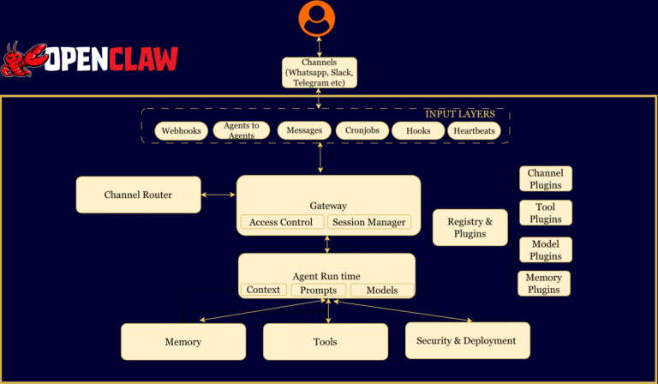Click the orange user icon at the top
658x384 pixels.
(x=318, y=18)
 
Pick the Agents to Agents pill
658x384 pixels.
(x=240, y=131)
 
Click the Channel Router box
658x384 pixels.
(x=138, y=195)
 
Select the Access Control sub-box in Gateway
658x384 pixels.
(x=281, y=222)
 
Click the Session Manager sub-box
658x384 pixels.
(x=368, y=222)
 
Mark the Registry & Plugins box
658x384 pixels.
(x=470, y=227)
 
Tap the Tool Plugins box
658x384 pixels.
(x=545, y=213)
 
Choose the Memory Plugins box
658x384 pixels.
(x=544, y=284)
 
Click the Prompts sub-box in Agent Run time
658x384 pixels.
(x=319, y=290)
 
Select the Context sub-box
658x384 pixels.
(x=263, y=290)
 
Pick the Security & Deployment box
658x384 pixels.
(x=466, y=340)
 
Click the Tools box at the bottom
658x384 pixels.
(x=325, y=341)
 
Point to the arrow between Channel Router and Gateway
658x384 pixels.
(x=218, y=195)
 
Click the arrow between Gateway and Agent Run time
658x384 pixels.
(x=326, y=243)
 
